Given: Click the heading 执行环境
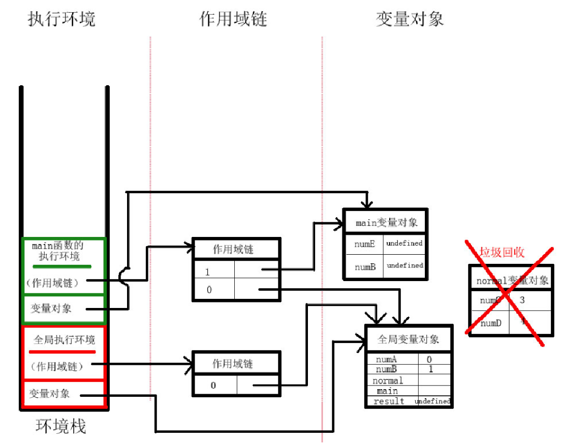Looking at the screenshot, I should click(x=61, y=19).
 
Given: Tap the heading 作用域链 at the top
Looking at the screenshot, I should click(x=233, y=19).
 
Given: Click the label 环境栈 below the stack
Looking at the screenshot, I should click(x=61, y=426).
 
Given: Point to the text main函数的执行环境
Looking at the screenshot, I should click(x=58, y=251).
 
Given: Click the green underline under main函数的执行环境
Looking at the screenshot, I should click(x=62, y=266).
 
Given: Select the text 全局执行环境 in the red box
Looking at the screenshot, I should click(x=64, y=339).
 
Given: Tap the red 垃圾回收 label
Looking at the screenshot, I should click(x=502, y=252).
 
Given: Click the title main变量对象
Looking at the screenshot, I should click(x=387, y=223).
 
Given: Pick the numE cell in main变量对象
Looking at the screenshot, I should click(x=365, y=244).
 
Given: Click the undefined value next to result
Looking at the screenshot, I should click(x=432, y=401).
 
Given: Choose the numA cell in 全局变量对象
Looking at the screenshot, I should click(x=390, y=360).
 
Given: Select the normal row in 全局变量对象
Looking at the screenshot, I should click(x=388, y=381).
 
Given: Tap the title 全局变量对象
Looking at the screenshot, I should click(x=409, y=339).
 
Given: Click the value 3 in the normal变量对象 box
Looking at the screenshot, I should click(x=522, y=300).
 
